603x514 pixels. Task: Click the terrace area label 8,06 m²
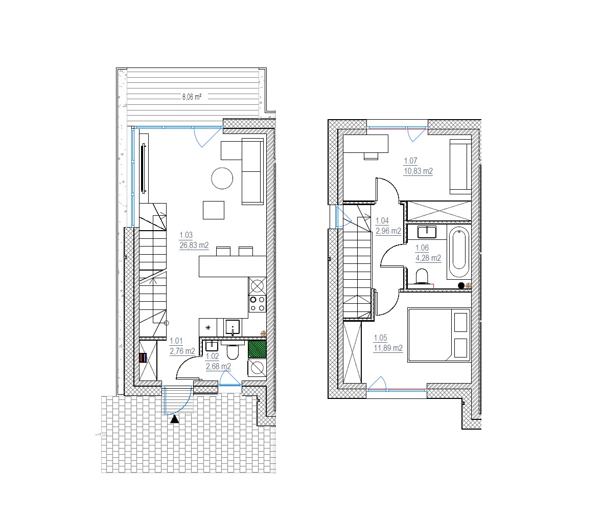tap(192, 97)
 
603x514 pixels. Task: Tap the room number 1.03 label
tap(186, 235)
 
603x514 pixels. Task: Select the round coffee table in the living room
tap(222, 178)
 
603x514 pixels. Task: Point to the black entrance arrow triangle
tap(175, 419)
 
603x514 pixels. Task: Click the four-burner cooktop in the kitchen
tap(257, 303)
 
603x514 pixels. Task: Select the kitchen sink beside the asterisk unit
tap(233, 328)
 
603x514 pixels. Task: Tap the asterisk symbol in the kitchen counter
tap(208, 328)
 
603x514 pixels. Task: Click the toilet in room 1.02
tap(233, 350)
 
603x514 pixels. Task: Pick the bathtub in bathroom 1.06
tap(459, 249)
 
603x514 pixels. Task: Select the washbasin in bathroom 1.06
tap(427, 232)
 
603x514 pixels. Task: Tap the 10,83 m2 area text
tap(418, 171)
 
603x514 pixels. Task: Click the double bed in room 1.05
tap(439, 334)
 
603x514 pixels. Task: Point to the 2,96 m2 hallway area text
tap(388, 231)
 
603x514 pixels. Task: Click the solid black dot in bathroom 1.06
tap(461, 286)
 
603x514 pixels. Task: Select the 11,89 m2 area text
tap(388, 348)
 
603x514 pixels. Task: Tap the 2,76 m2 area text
tap(182, 351)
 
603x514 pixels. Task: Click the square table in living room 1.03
tap(214, 210)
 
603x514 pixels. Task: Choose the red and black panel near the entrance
tap(143, 357)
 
